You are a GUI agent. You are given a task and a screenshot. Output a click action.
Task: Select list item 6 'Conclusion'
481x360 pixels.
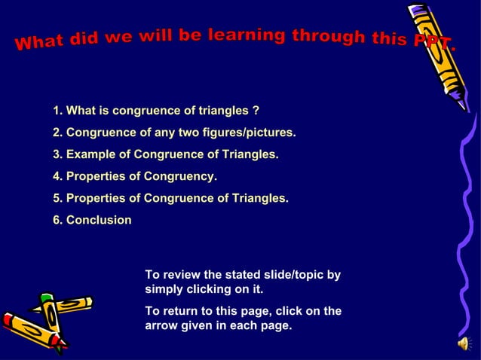[98, 221]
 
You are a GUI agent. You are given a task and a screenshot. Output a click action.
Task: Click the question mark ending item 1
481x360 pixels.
[256, 111]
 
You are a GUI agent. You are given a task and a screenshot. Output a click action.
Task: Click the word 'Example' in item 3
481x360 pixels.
[90, 155]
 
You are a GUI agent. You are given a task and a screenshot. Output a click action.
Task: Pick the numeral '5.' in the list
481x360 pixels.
[58, 199]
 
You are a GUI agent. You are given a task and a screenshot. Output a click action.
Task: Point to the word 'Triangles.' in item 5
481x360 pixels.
[260, 199]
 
